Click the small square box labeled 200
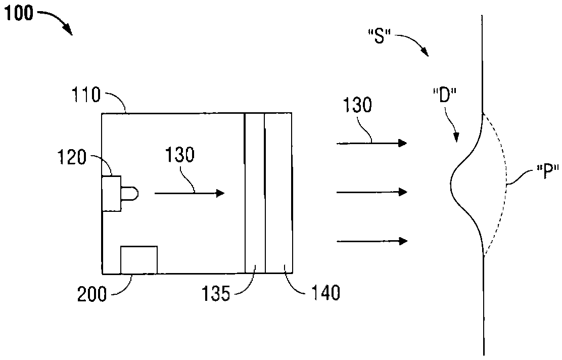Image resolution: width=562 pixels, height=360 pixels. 139,259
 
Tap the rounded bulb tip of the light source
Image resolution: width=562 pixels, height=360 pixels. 132,193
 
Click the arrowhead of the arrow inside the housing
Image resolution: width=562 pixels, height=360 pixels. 220,193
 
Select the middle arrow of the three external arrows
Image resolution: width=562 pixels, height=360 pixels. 371,192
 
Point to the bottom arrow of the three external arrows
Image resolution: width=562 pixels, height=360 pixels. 371,241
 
